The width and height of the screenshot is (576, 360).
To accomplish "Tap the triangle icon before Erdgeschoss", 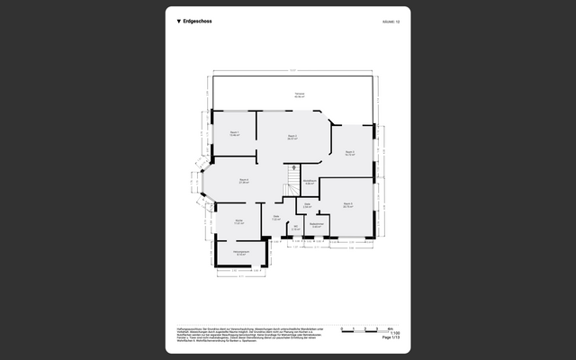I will pos(178,20).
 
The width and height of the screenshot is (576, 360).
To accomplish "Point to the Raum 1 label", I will pos(234,133).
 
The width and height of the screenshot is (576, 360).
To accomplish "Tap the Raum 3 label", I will pos(350,153).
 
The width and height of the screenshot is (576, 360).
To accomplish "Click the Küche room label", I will pos(238,221).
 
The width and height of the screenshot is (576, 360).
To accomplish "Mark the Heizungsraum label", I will pos(240,253).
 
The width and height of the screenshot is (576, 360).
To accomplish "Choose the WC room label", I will pos(295,228).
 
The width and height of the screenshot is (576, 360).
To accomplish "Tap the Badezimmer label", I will pos(317,226).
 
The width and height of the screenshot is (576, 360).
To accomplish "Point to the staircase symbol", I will pos(292,173).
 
